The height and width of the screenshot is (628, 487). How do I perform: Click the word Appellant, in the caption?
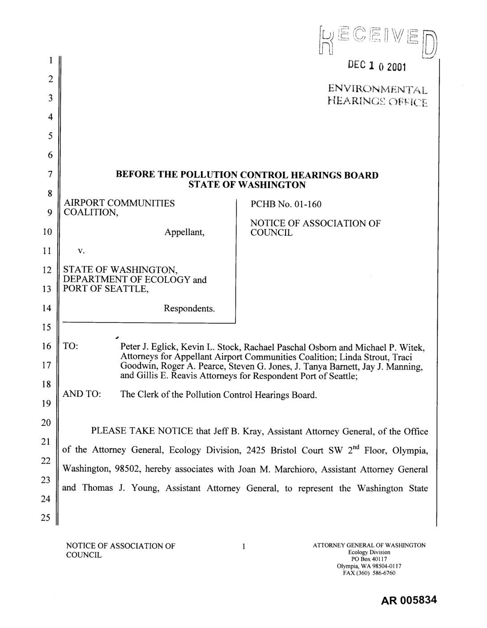(x=184, y=232)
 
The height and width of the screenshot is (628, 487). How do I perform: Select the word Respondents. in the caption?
(x=189, y=308)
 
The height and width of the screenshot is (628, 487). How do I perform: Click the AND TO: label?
(x=82, y=395)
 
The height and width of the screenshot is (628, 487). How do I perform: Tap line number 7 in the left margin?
(x=51, y=174)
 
